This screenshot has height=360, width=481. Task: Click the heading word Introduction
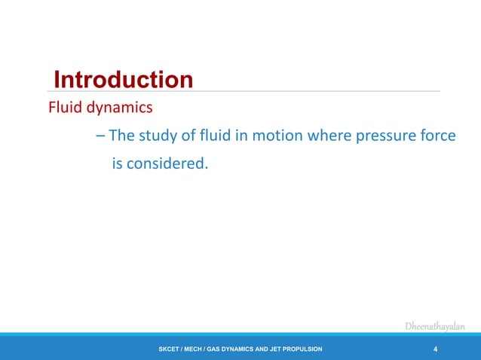(x=124, y=79)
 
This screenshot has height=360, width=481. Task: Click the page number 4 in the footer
(x=436, y=349)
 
